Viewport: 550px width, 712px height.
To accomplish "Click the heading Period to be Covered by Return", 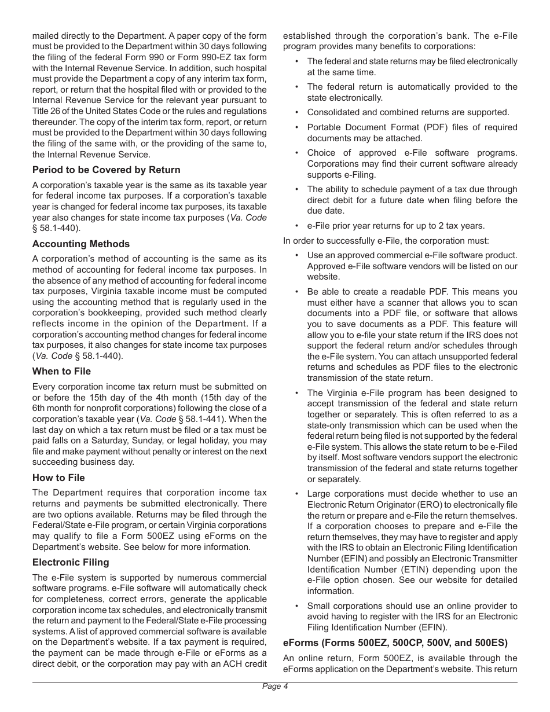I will [x=106, y=170].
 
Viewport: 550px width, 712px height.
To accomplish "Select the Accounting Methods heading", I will [x=81, y=244].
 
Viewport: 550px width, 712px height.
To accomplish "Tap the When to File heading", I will [x=61, y=371].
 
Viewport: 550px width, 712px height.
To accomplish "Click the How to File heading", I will [x=58, y=478].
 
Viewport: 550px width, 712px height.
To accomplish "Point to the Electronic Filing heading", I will [x=71, y=562].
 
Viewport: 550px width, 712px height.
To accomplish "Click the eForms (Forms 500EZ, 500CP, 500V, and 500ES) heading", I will [x=395, y=643].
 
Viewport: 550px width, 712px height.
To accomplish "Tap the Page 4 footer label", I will [x=275, y=687].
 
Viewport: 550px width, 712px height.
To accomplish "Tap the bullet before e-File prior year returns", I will [x=297, y=226].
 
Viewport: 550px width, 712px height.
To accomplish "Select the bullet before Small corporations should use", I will [x=297, y=606].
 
